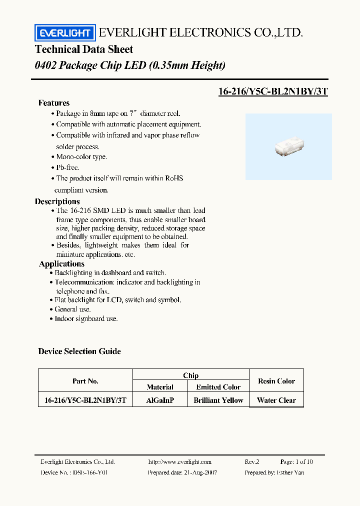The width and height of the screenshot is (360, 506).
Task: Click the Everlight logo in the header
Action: point(64,33)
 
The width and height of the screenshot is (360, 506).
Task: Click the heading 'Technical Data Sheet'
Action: point(84,49)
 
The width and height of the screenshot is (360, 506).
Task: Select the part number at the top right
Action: point(273,91)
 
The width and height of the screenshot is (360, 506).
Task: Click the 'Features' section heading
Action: point(54,103)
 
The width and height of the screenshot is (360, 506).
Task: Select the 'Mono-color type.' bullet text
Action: point(81,157)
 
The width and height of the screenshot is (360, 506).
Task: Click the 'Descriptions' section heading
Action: point(57,201)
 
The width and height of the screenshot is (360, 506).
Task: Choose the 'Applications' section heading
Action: point(61,264)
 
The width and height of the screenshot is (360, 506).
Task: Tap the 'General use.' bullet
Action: point(72,309)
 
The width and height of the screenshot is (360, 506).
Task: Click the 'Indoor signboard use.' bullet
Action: point(86,318)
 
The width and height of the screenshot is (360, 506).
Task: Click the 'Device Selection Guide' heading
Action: point(79,351)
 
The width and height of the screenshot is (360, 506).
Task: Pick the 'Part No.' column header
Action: point(85,381)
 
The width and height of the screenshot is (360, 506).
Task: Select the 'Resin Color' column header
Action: point(276,381)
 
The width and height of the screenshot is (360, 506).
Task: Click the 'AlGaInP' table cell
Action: point(160,400)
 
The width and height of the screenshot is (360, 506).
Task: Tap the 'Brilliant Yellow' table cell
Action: point(218,400)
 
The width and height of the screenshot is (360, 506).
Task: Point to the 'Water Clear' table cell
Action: point(276,400)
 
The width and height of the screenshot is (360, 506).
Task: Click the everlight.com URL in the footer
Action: point(180,462)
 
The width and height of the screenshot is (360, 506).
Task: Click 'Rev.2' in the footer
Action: point(252,462)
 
